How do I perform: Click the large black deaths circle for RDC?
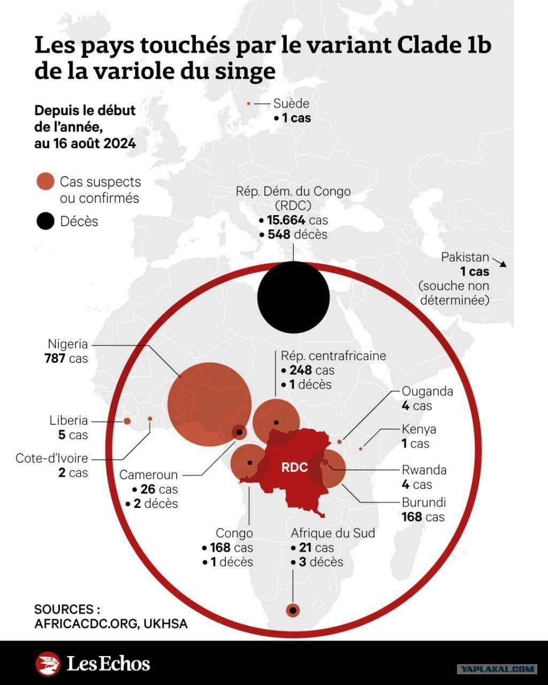tap(293, 297)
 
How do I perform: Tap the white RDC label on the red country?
tap(294, 467)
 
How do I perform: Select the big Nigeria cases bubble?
tap(210, 404)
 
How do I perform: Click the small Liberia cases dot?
tap(127, 421)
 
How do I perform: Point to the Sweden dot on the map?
tap(249, 103)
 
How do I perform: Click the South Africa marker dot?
tap(293, 610)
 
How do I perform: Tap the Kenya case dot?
tap(361, 449)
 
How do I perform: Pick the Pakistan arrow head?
tap(503, 264)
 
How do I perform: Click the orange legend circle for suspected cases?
tap(45, 181)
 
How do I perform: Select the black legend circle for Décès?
tap(45, 221)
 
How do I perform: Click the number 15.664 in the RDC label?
tap(286, 220)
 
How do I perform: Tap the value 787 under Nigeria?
tap(55, 359)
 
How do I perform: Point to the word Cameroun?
tap(148, 475)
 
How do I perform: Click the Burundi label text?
tap(424, 503)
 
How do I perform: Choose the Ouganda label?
tap(427, 392)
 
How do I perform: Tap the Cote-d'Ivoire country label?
tap(51, 459)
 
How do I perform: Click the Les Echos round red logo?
tap(48, 664)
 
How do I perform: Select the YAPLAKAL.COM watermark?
tap(497, 668)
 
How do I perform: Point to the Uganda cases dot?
tap(339, 442)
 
